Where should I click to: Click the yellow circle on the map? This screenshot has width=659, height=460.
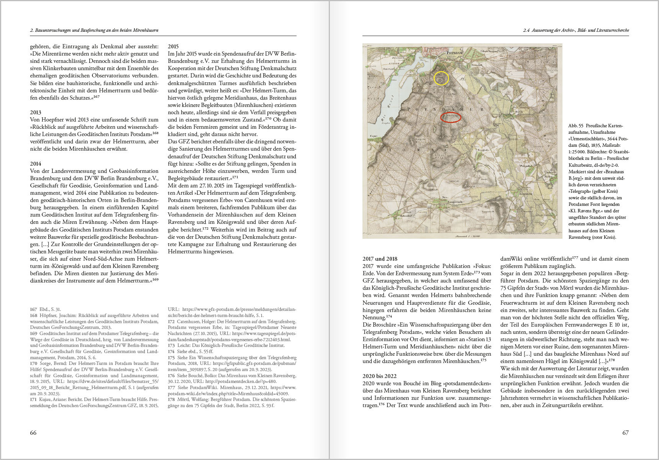click(441, 78)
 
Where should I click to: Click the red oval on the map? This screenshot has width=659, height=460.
click(451, 117)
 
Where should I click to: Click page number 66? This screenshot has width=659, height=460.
click(33, 432)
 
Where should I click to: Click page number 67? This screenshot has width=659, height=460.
click(625, 432)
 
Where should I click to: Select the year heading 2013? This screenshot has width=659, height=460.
click(36, 112)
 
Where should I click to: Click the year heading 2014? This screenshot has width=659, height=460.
click(36, 164)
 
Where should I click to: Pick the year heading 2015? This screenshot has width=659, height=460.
click(173, 46)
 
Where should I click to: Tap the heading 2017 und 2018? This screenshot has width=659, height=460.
click(380, 259)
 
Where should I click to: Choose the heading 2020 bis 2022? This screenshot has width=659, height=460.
click(379, 376)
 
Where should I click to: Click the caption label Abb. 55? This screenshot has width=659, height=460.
click(575, 126)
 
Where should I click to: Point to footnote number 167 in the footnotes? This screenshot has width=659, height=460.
click(34, 309)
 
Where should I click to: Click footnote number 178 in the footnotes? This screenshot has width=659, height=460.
click(171, 399)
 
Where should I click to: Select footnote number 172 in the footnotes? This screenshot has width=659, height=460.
click(171, 321)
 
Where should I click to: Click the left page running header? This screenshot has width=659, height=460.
click(94, 30)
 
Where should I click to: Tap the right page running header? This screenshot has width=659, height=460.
click(576, 30)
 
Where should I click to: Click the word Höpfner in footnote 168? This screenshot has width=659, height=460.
click(48, 315)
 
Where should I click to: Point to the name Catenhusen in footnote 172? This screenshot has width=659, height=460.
click(189, 321)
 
